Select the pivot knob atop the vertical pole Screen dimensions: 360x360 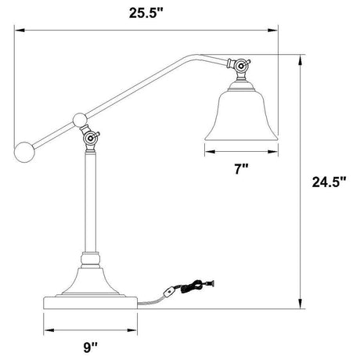tap(92, 139)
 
